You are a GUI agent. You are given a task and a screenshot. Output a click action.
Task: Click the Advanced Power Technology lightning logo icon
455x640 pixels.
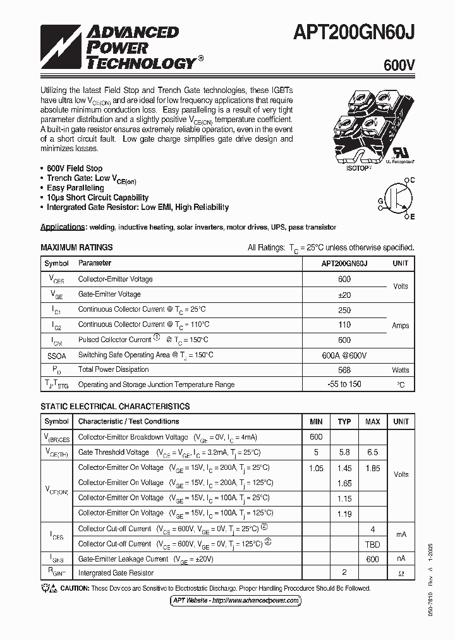[61, 47]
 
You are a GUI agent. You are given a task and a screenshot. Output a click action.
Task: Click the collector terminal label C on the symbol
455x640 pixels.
[412, 180]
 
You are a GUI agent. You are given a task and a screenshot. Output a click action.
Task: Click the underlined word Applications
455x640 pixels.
[63, 227]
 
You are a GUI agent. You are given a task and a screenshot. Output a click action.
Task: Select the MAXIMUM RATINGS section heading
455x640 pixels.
[76, 247]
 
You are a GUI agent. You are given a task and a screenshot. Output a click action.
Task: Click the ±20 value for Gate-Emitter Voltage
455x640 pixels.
[344, 294]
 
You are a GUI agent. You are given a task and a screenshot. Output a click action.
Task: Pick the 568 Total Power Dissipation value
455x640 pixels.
[344, 369]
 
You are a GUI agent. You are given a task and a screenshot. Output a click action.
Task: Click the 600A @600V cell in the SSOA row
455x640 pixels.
[344, 355]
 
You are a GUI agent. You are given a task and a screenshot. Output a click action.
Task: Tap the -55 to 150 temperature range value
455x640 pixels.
[344, 384]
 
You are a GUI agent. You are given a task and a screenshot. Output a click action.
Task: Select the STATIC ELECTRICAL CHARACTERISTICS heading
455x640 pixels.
[115, 407]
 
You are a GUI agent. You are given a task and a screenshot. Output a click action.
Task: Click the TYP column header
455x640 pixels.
[344, 421]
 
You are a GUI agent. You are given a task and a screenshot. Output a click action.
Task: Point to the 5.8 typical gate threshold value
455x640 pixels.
[344, 452]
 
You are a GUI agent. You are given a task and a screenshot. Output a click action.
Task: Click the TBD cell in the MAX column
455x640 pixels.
[373, 543]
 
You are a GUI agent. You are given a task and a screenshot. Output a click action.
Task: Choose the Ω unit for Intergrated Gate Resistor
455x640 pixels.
[401, 573]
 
